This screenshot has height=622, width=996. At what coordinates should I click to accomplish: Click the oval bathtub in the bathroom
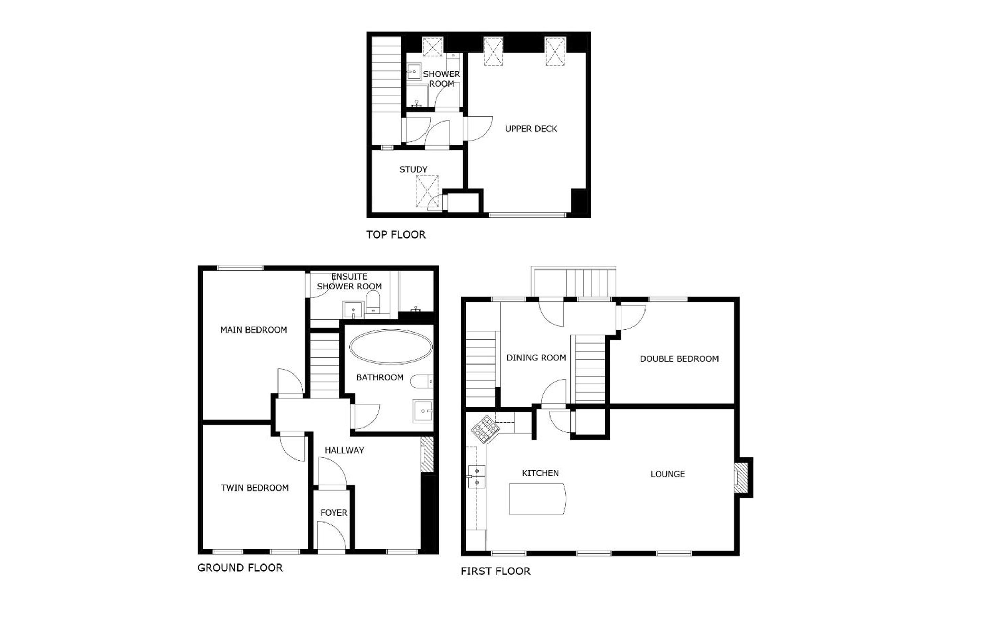pos(391,347)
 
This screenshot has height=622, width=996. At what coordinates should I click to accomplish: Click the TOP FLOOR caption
pos(396,234)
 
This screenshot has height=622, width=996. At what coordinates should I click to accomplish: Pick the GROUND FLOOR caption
pos(240,568)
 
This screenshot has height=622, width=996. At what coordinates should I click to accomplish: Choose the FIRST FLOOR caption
pos(495,571)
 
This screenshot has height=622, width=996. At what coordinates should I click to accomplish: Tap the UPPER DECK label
pos(531,129)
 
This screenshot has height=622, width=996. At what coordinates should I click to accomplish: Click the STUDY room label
pos(413,169)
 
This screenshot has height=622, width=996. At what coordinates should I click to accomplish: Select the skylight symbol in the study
pos(427,191)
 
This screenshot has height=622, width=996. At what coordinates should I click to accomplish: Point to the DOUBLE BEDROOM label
pos(679,359)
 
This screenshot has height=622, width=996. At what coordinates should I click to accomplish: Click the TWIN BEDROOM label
pos(255,488)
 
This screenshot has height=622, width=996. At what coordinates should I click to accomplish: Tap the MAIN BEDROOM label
pos(253,329)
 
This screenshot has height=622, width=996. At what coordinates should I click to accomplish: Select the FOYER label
pos(334,513)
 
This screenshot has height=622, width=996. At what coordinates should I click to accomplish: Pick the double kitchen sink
pos(477,476)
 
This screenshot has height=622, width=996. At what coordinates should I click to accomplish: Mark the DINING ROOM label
pos(536,358)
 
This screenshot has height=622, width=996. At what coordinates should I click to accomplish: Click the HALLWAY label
pos(344,451)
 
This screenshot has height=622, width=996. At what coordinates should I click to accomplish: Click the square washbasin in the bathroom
pos(423,411)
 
